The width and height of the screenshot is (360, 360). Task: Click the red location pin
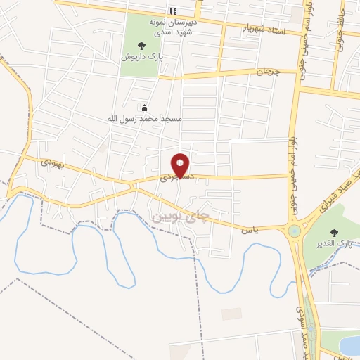click(x=181, y=166)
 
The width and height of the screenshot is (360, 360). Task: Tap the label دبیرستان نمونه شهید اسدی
click(x=169, y=25)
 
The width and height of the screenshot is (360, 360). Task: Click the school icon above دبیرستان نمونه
click(x=172, y=11)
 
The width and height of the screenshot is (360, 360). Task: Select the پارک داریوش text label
click(x=141, y=56)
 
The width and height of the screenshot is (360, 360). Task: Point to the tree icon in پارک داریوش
click(x=142, y=46)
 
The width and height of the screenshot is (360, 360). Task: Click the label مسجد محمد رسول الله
click(x=144, y=119)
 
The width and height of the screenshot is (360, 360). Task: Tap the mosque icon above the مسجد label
click(x=144, y=108)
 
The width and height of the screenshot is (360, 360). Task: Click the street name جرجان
click(x=267, y=72)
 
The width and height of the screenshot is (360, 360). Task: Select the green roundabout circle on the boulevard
click(x=294, y=231)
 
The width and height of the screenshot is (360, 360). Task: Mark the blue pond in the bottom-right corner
click(x=349, y=345)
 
